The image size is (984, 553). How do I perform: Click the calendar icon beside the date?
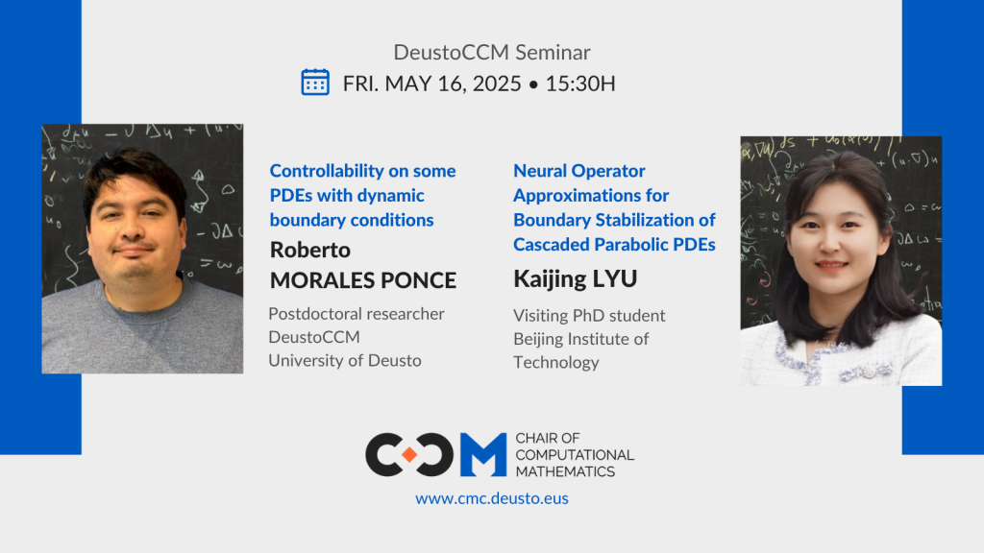click(315, 82)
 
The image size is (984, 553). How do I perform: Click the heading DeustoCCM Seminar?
click(492, 52)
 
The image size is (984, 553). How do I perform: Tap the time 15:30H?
click(580, 84)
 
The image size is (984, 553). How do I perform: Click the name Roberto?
click(310, 250)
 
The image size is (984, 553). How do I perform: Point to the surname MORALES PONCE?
click(362, 280)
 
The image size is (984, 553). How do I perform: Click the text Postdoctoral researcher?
click(357, 314)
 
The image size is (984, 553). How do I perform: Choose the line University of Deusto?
click(345, 360)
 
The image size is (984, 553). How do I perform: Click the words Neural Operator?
click(579, 171)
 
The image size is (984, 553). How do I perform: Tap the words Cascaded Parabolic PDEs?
click(614, 244)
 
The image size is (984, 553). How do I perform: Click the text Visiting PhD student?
click(589, 315)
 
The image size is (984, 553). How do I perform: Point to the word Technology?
click(556, 362)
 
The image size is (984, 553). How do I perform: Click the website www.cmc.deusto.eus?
click(492, 498)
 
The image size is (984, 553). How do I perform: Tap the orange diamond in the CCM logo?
click(408, 455)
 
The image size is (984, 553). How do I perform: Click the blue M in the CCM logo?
click(482, 455)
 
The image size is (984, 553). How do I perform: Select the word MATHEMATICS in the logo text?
click(565, 471)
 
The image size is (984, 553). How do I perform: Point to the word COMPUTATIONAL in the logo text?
click(575, 455)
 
